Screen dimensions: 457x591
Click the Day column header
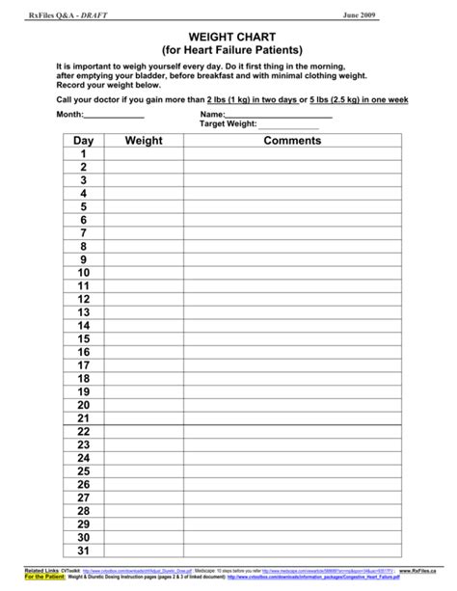83,141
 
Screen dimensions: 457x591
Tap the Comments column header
291,141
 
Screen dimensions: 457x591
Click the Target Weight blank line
288,127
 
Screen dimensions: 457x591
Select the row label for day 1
83,154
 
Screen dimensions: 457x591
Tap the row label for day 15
83,339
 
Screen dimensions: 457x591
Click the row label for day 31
83,551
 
